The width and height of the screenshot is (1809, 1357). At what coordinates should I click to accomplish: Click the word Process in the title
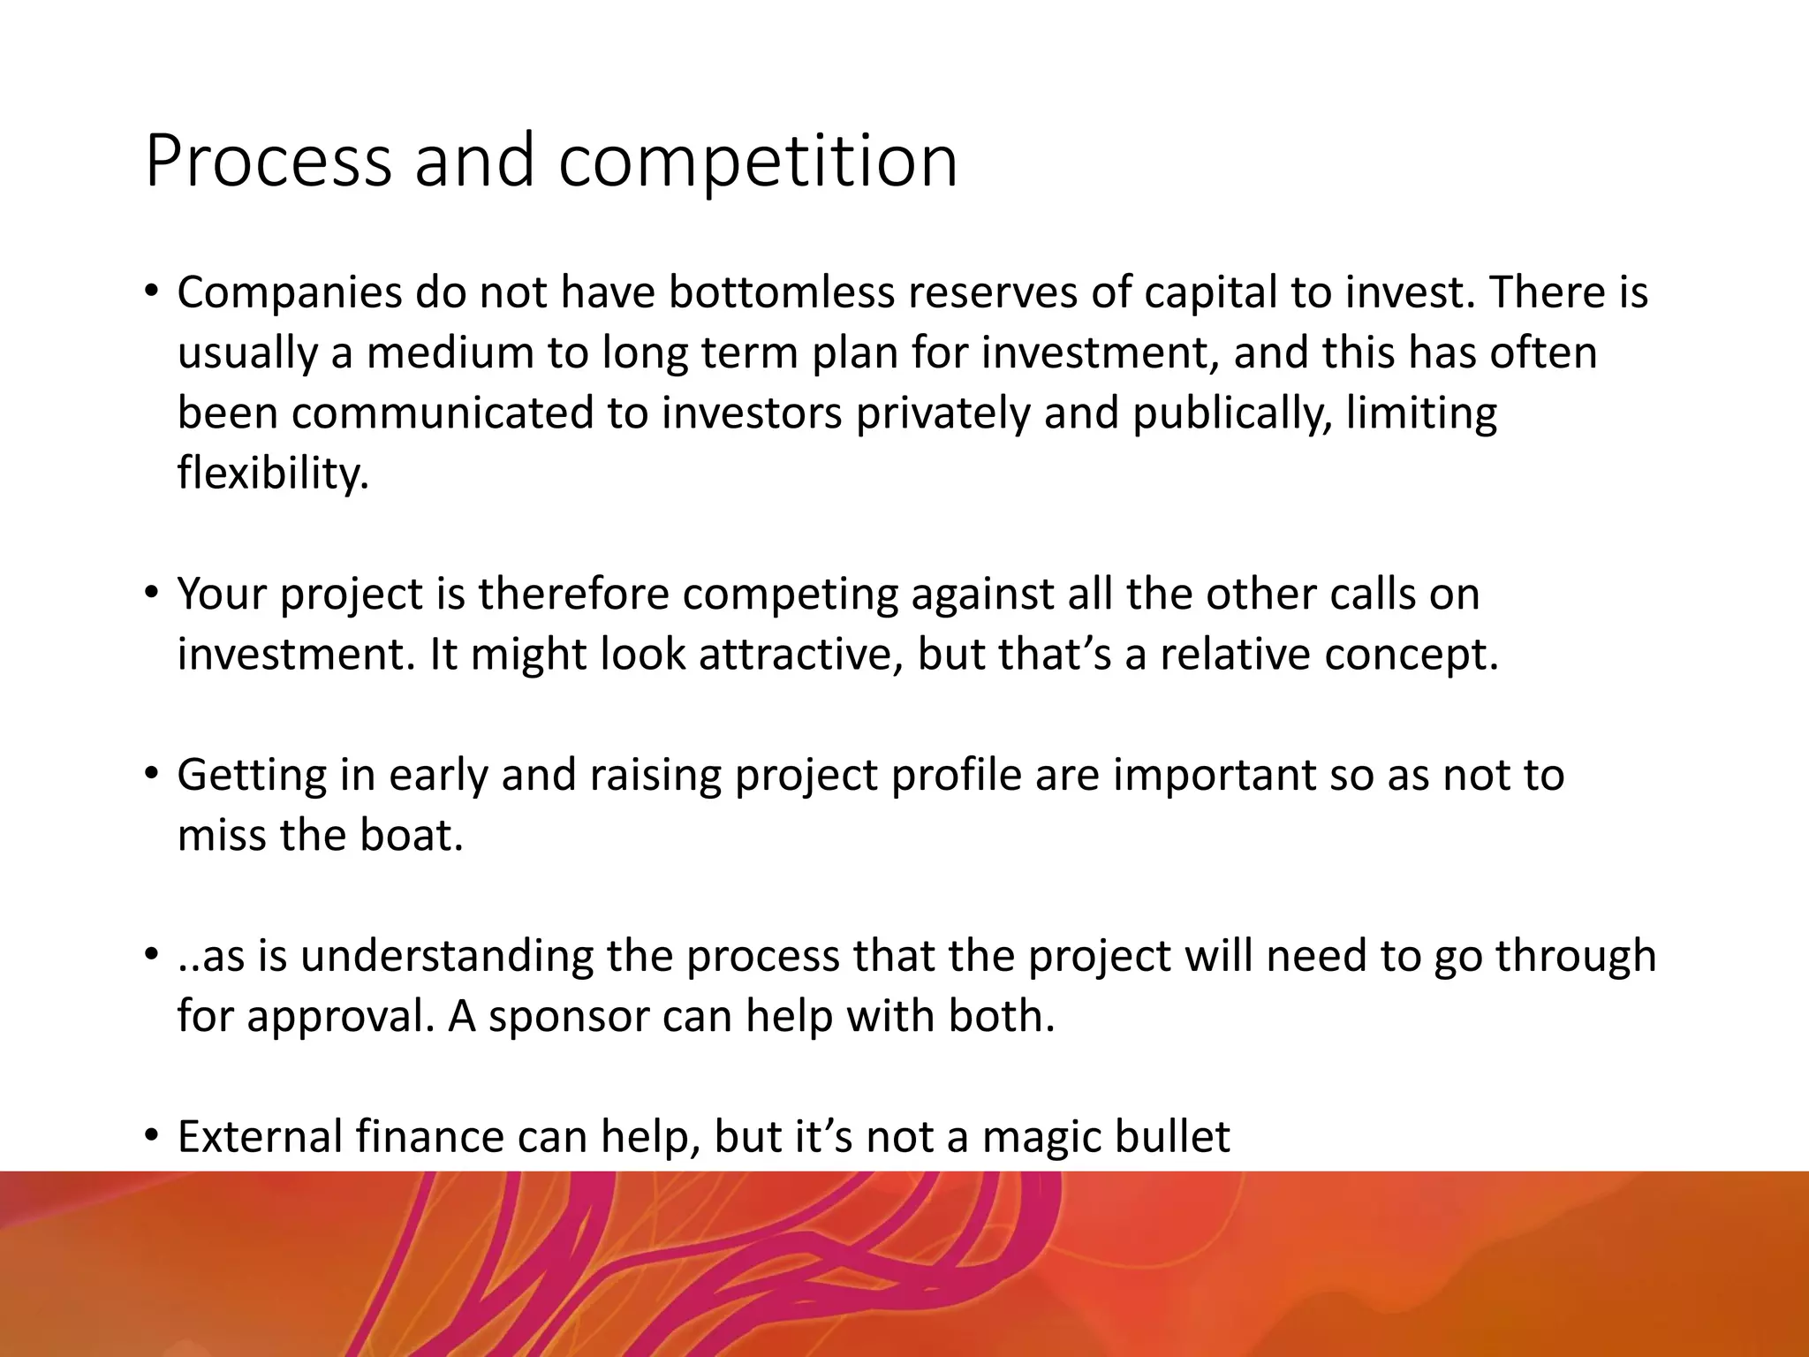pos(268,162)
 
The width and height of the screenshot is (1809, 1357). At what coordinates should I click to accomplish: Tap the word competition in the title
pos(757,162)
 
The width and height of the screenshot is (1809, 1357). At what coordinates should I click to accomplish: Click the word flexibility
pos(272,473)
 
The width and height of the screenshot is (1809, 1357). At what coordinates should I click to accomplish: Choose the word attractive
pos(800,655)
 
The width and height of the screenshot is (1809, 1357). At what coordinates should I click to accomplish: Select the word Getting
pos(252,775)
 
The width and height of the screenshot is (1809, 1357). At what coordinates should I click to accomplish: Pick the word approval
pos(340,1016)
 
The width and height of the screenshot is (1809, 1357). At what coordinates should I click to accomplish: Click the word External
pos(260,1137)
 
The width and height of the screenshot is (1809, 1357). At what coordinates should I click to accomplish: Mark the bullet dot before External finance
pos(151,1133)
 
